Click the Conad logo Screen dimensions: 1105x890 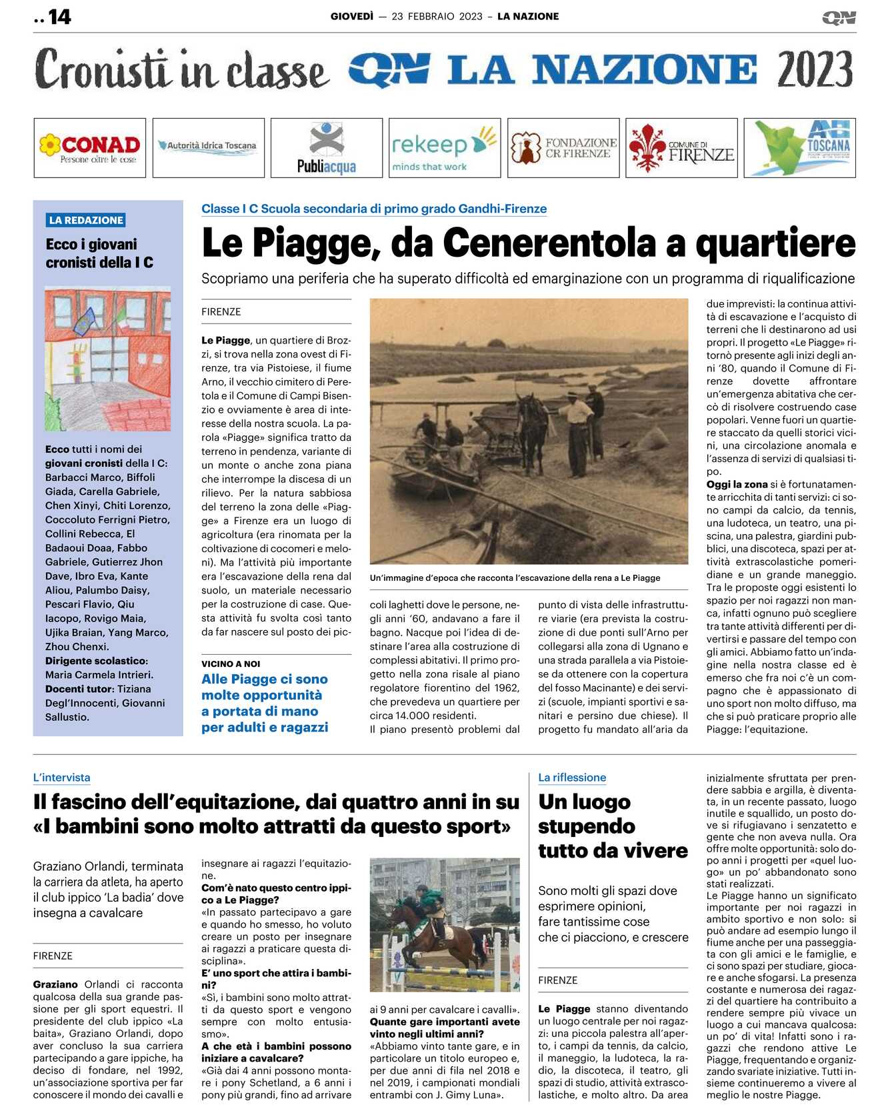coord(90,148)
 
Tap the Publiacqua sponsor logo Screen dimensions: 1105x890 coord(327,148)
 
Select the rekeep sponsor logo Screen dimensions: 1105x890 coord(444,148)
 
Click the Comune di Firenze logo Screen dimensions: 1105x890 coord(681,148)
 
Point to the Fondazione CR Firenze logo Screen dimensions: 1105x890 coord(563,148)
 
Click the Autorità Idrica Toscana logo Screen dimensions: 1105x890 coord(208,145)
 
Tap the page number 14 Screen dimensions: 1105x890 coord(59,17)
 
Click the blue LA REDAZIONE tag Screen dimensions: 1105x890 coord(86,220)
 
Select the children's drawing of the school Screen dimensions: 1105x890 coord(107,359)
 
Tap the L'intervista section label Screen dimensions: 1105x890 coord(61,778)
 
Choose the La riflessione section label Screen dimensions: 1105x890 coord(572,778)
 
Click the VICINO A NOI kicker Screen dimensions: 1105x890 coord(231,664)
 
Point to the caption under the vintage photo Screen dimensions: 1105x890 coord(515,578)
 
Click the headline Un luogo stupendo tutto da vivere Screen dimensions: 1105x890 coord(612,826)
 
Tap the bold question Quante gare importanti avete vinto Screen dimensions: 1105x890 coord(445,1028)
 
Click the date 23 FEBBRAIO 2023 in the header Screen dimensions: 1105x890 coord(437,17)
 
